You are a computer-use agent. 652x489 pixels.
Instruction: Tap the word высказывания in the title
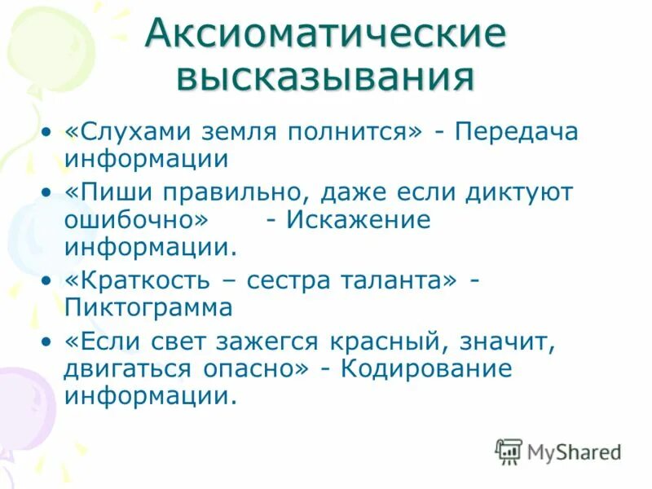click(x=325, y=78)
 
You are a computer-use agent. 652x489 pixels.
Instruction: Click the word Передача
click(x=517, y=133)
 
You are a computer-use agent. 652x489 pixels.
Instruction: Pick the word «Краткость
click(x=139, y=281)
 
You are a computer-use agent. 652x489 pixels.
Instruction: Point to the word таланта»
click(x=391, y=281)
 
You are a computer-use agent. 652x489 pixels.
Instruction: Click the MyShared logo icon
click(x=509, y=451)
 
